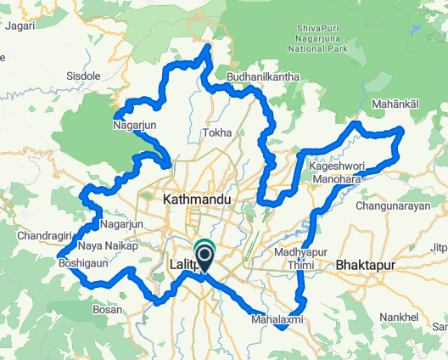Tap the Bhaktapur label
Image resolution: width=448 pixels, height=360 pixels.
coord(367,265)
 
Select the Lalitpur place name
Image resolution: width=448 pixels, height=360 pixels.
coord(185,265)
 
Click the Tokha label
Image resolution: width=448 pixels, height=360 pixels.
coord(217,133)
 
